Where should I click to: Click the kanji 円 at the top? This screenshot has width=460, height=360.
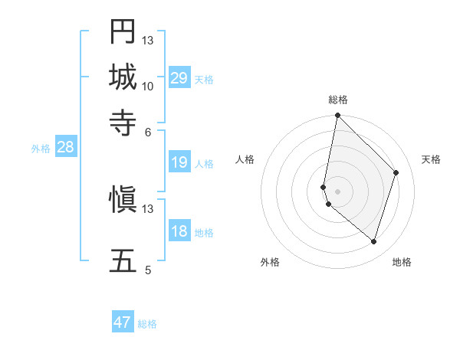coord(123,31)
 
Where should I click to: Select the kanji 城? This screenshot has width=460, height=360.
coord(123,77)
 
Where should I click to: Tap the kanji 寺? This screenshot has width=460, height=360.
coord(123,122)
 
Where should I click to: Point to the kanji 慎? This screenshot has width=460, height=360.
coord(123,201)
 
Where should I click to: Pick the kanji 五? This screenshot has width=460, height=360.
coord(123,260)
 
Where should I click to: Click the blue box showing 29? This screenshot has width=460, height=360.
coord(179,78)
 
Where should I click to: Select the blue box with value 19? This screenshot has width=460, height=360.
coord(179,162)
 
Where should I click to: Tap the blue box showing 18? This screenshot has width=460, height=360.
coord(179,231)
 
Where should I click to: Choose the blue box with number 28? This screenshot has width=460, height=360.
coord(65,148)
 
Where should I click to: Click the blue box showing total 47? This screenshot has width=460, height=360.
coord(123,322)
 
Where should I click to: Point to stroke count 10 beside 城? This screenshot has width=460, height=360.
coord(148,86)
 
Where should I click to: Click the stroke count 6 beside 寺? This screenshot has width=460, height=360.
coord(148,131)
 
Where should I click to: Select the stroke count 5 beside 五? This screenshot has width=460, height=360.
coord(148,270)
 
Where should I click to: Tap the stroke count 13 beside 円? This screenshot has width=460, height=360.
coord(148,40)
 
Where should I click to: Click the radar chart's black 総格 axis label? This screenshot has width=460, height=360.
coord(338,100)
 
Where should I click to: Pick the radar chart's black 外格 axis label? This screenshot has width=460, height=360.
coord(270,262)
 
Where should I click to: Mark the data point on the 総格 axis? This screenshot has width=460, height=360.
coord(338,116)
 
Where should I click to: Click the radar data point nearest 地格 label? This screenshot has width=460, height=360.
coord(373,241)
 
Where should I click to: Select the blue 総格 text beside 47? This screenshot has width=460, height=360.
coord(147,324)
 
